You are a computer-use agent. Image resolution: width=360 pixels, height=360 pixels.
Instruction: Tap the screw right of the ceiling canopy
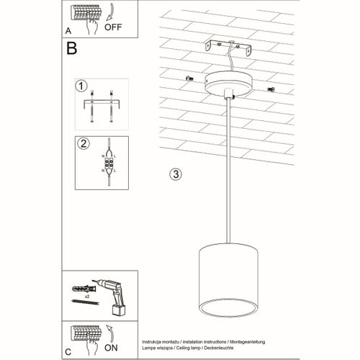pos(272,89)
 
